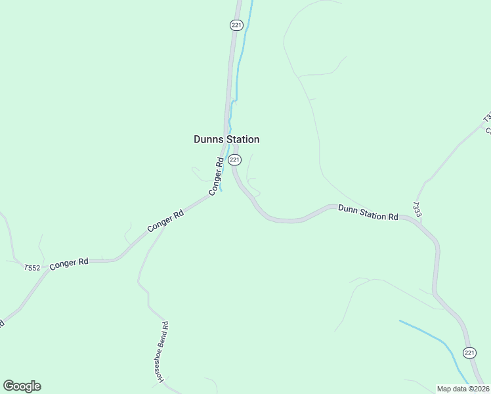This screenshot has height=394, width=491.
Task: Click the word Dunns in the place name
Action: [208, 139]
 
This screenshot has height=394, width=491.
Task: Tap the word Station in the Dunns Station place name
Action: [242, 139]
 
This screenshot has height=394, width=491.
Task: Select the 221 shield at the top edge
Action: [236, 25]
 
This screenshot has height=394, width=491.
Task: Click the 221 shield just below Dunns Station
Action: [235, 160]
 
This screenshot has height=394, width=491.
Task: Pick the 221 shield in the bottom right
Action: [469, 353]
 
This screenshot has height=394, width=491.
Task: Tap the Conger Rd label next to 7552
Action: [69, 262]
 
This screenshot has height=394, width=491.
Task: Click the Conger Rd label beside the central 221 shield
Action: [217, 176]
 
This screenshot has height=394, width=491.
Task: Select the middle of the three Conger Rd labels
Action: [165, 220]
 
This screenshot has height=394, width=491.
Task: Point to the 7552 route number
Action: [32, 267]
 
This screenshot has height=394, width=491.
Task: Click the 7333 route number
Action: [416, 209]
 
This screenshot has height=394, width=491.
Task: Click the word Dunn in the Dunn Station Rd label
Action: [348, 209]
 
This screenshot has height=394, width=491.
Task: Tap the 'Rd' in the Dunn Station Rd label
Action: [393, 217]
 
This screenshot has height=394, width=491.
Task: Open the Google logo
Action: [22, 386]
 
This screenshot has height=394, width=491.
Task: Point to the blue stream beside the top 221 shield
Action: [245, 39]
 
